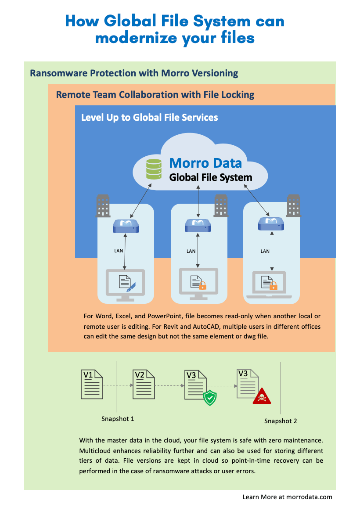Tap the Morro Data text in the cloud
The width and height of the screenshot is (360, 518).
coord(205,163)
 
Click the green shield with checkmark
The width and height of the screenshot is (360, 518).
coord(210,397)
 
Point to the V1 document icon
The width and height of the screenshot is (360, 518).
coord(92,384)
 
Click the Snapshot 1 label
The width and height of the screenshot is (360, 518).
coord(118,419)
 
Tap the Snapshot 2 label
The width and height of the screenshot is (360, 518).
coord(281,421)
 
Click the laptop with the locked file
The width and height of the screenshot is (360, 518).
coord(269,285)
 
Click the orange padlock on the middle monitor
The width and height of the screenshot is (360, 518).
coord(202,286)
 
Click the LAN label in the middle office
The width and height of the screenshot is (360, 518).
coord(191,252)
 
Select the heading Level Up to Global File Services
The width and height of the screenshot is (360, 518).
coord(150,118)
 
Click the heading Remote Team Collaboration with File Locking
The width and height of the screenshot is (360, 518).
coord(155,95)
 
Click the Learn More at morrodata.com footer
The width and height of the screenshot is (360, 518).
coord(287,497)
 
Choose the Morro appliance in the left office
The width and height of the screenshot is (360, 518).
coord(126,226)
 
